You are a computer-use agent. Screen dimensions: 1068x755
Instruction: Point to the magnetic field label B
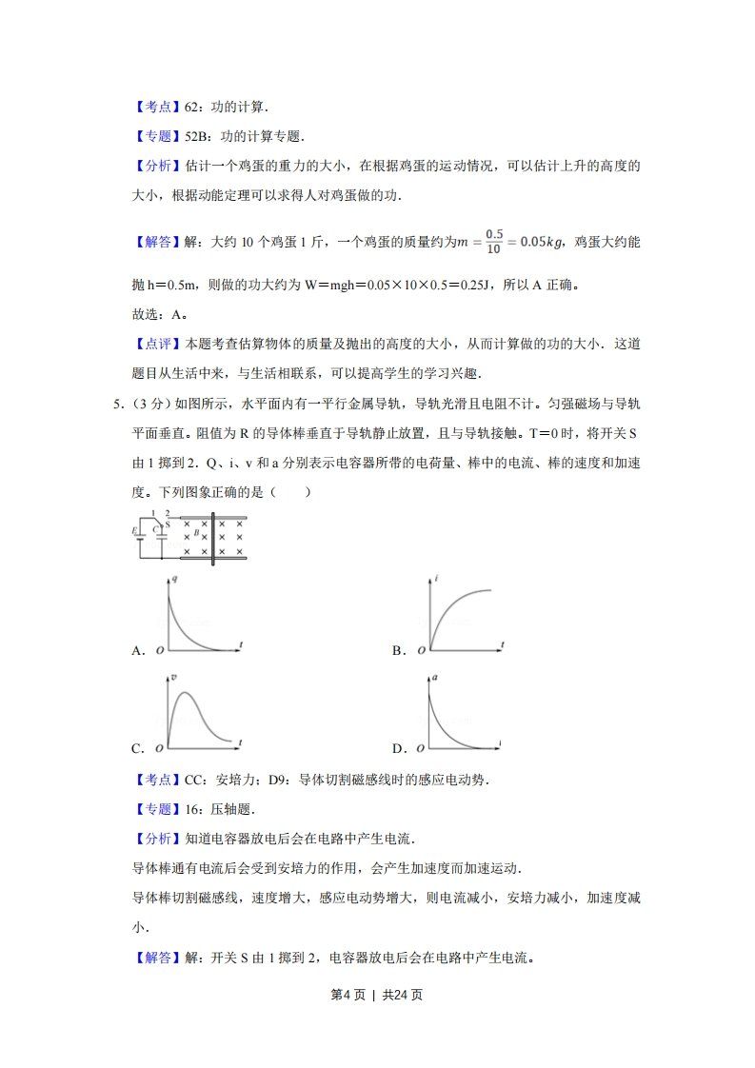[196, 534]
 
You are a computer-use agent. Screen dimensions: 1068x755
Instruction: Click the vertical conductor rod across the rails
[212, 539]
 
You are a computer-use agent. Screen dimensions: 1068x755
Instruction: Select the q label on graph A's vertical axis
[172, 580]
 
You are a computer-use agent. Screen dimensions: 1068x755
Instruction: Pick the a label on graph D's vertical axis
[435, 677]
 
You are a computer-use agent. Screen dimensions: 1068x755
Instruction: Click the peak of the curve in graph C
[187, 692]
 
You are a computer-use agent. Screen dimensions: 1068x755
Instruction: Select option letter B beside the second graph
[398, 651]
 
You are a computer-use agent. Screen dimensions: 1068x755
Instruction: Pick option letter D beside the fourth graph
[398, 748]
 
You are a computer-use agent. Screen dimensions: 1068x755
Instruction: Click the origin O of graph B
[420, 651]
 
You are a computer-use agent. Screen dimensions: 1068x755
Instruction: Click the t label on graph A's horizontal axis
[242, 645]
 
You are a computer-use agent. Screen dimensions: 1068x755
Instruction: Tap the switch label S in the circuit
[168, 524]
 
